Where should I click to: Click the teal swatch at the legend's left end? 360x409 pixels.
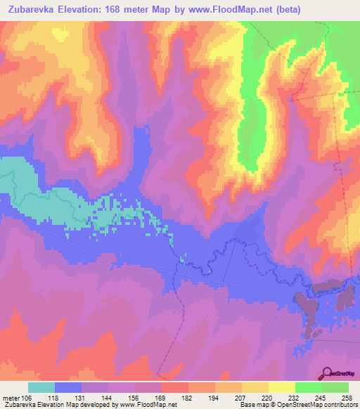pos(41,387)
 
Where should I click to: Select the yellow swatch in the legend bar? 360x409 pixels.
pos(281,387)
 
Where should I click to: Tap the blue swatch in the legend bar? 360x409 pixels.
pos(68,387)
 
